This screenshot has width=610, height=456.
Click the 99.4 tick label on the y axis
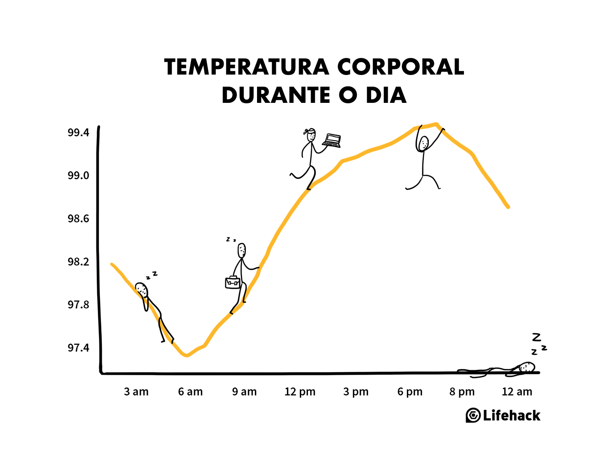78,132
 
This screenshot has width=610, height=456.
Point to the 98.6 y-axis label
78,219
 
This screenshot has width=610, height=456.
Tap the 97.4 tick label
78,348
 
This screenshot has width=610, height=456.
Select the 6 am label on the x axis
190,392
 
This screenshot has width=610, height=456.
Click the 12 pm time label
300,392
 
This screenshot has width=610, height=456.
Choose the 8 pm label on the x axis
462,392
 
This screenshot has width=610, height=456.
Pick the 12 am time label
517,392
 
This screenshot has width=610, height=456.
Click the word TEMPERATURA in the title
246,67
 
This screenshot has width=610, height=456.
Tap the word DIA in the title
386,95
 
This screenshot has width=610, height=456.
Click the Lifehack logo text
511,415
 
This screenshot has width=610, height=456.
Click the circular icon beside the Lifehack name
473,415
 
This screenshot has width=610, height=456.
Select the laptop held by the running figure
332,140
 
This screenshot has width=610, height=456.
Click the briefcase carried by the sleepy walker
233,282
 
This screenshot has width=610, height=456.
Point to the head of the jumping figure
424,143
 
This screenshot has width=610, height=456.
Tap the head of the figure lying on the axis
527,367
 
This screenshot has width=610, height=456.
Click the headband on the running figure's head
309,131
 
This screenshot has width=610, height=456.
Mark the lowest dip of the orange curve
186,355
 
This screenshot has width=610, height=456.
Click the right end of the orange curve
508,207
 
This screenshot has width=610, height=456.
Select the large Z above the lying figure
536,337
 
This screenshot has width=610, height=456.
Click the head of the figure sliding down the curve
142,290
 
